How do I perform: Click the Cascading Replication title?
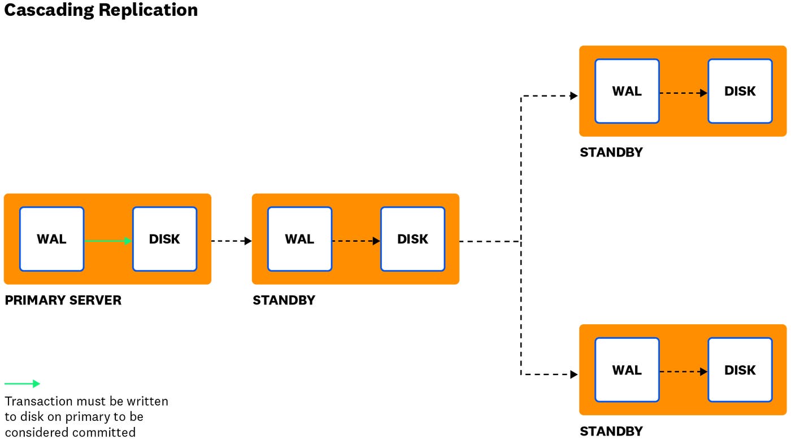(x=101, y=10)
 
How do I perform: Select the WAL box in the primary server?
(x=51, y=239)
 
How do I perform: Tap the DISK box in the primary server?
(x=164, y=239)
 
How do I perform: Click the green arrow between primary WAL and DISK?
(x=108, y=241)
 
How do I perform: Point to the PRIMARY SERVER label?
(x=63, y=300)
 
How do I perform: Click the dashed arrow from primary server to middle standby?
(x=231, y=241)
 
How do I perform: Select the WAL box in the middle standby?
(x=299, y=239)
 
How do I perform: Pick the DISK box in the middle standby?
(x=412, y=239)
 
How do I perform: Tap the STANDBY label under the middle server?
(x=284, y=300)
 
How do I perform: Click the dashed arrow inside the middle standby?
(x=356, y=241)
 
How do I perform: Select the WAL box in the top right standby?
(x=627, y=91)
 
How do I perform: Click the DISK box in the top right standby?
(x=740, y=91)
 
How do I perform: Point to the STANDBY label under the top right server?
(x=611, y=153)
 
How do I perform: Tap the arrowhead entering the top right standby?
(x=574, y=96)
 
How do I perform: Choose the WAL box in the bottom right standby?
(x=627, y=370)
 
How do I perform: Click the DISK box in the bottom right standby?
(x=740, y=370)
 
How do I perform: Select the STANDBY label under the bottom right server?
(x=611, y=432)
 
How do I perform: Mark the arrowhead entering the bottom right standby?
(x=574, y=374)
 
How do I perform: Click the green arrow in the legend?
(x=23, y=384)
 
